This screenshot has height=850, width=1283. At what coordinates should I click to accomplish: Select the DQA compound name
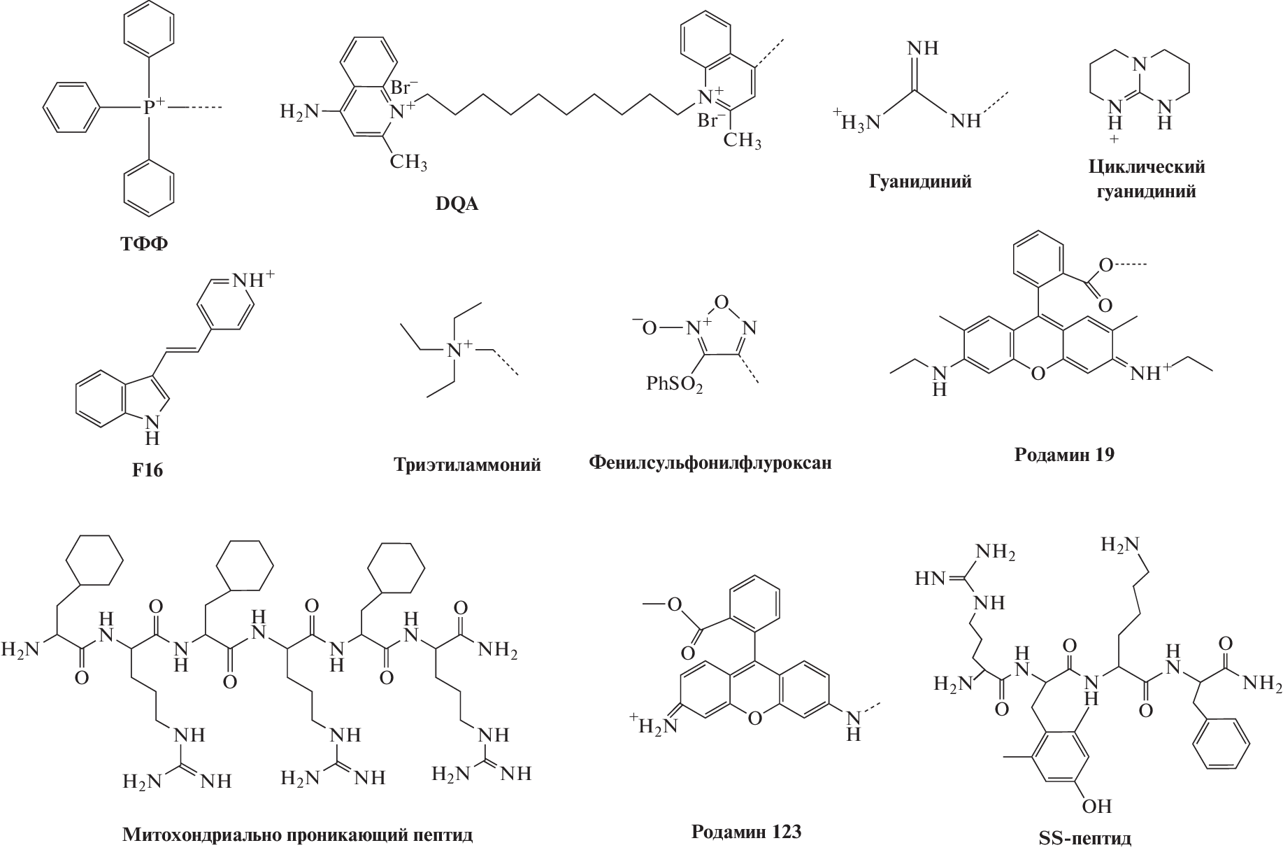tap(457, 205)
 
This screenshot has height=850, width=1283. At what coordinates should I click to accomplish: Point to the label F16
tap(147, 469)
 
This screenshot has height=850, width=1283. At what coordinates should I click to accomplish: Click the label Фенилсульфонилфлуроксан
tap(710, 462)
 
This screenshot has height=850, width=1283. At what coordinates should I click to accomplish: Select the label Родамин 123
tap(746, 832)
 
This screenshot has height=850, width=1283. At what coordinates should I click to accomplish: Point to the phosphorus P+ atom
tap(150, 108)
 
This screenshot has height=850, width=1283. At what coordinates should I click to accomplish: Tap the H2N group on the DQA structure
tap(299, 111)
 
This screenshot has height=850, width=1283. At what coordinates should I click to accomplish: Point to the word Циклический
tap(1146, 168)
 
